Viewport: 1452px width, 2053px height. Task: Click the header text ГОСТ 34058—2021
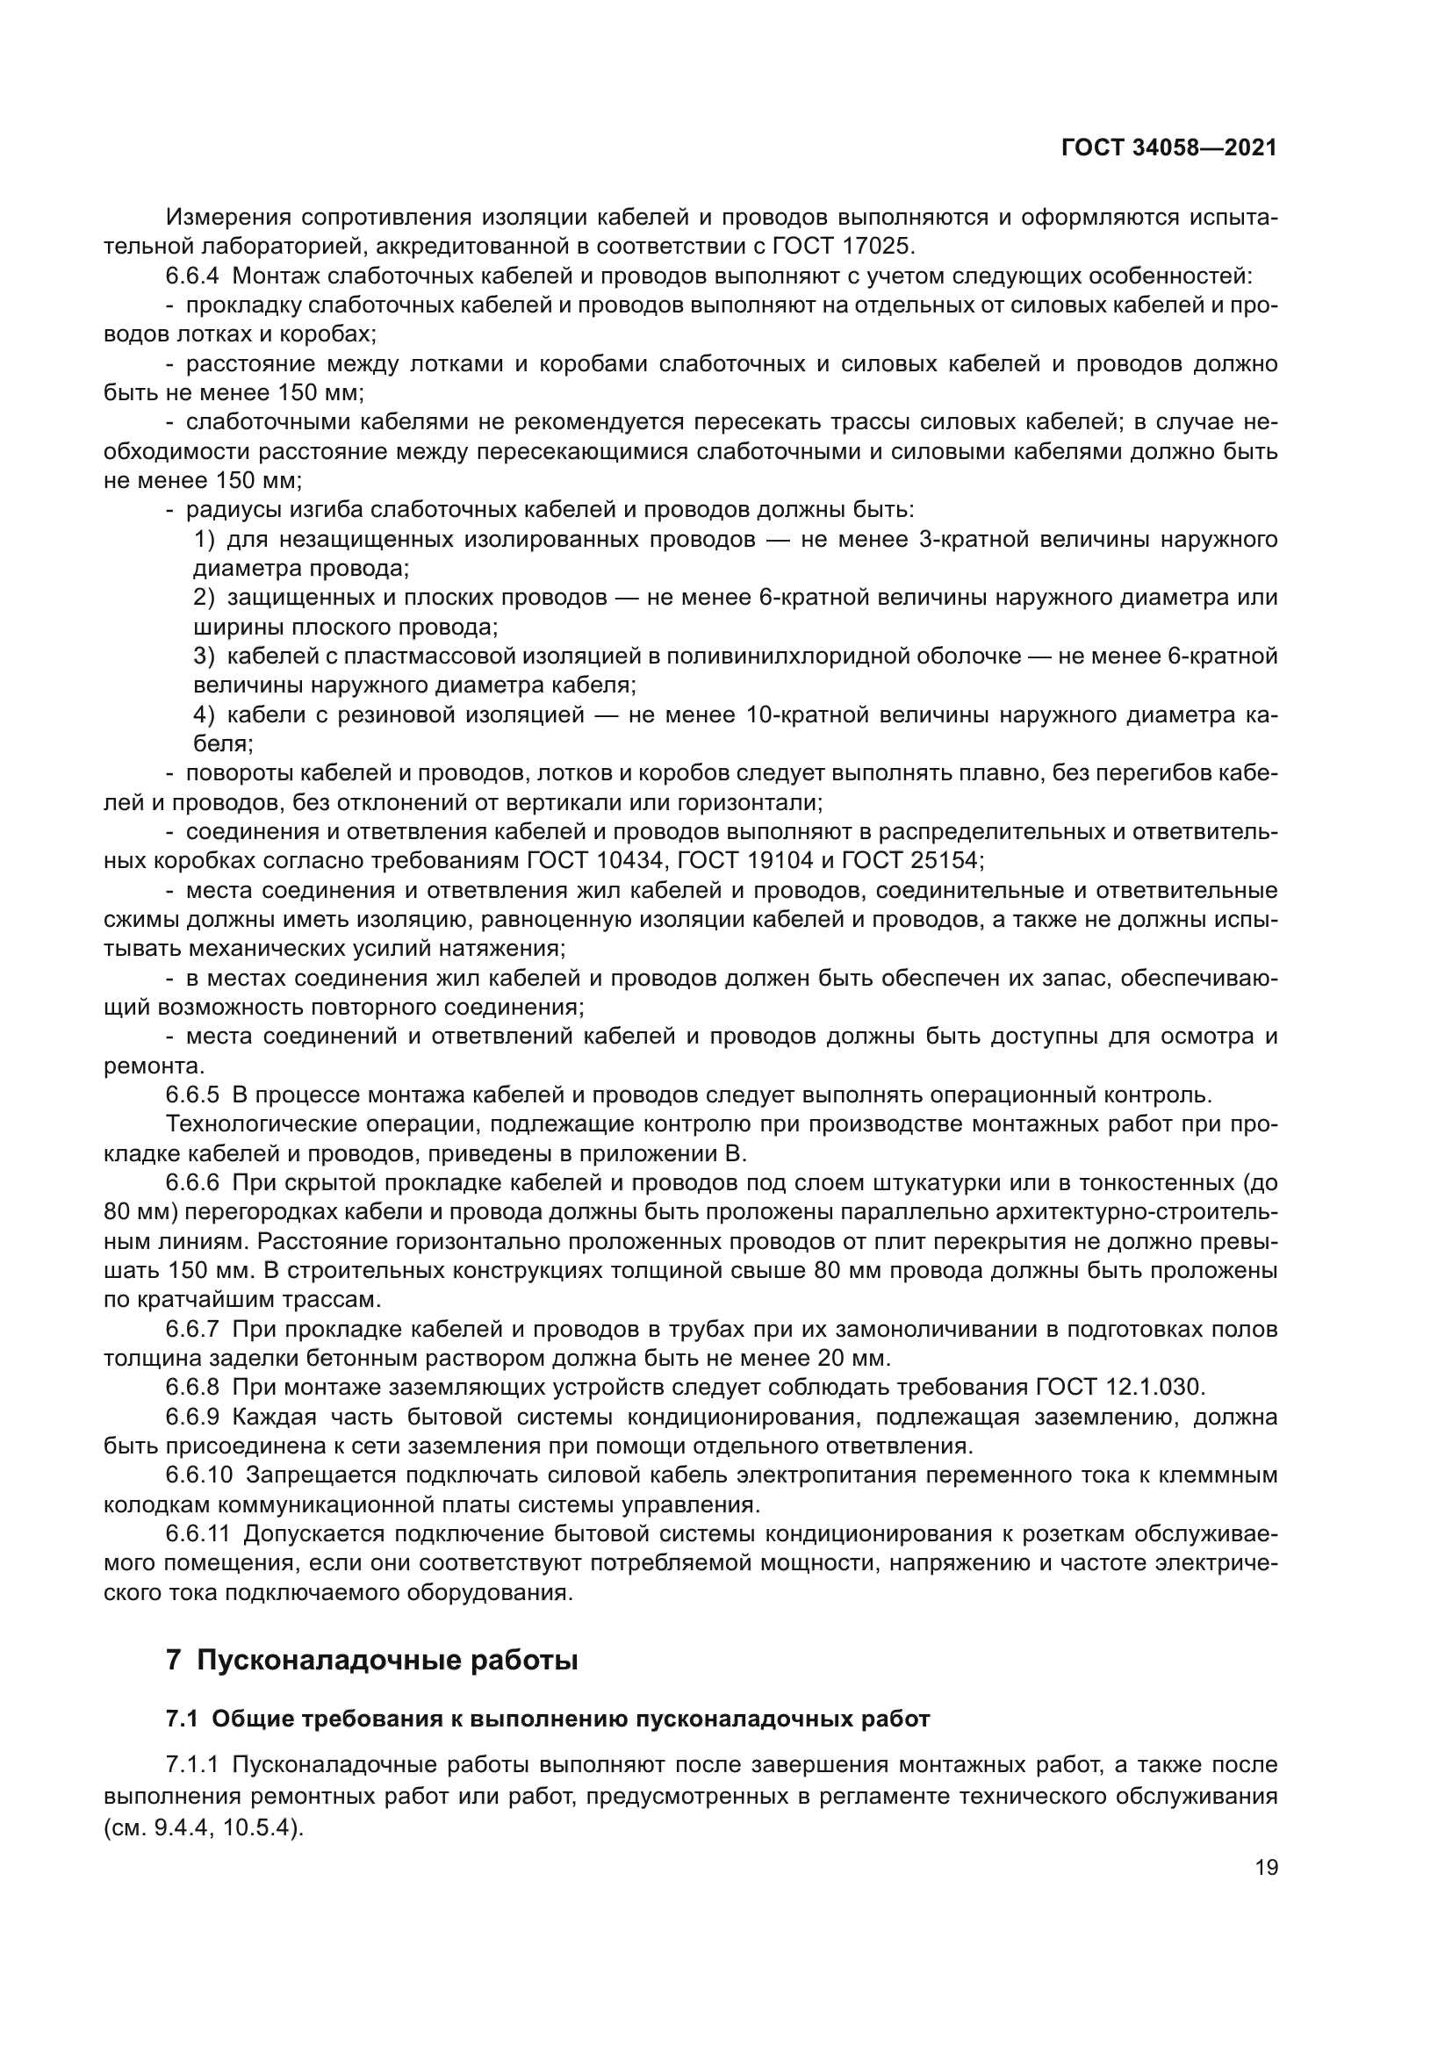point(1168,148)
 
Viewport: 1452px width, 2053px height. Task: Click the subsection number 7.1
point(183,1719)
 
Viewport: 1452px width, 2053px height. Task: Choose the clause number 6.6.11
point(198,1533)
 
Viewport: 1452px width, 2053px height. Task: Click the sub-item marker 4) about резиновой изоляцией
point(205,715)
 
